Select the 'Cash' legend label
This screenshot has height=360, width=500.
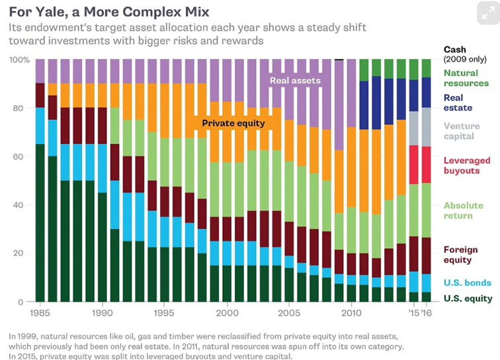click(x=455, y=50)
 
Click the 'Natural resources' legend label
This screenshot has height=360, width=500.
click(x=466, y=78)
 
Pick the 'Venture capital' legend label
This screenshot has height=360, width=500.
click(x=462, y=131)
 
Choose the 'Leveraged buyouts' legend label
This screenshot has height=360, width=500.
click(x=467, y=165)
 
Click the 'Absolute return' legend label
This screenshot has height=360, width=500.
click(x=464, y=210)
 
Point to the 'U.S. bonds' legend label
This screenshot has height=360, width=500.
click(x=467, y=283)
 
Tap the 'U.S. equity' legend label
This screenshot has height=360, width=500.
click(x=468, y=299)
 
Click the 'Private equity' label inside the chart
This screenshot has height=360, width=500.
click(x=233, y=123)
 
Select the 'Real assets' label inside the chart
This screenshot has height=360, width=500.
click(x=295, y=81)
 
